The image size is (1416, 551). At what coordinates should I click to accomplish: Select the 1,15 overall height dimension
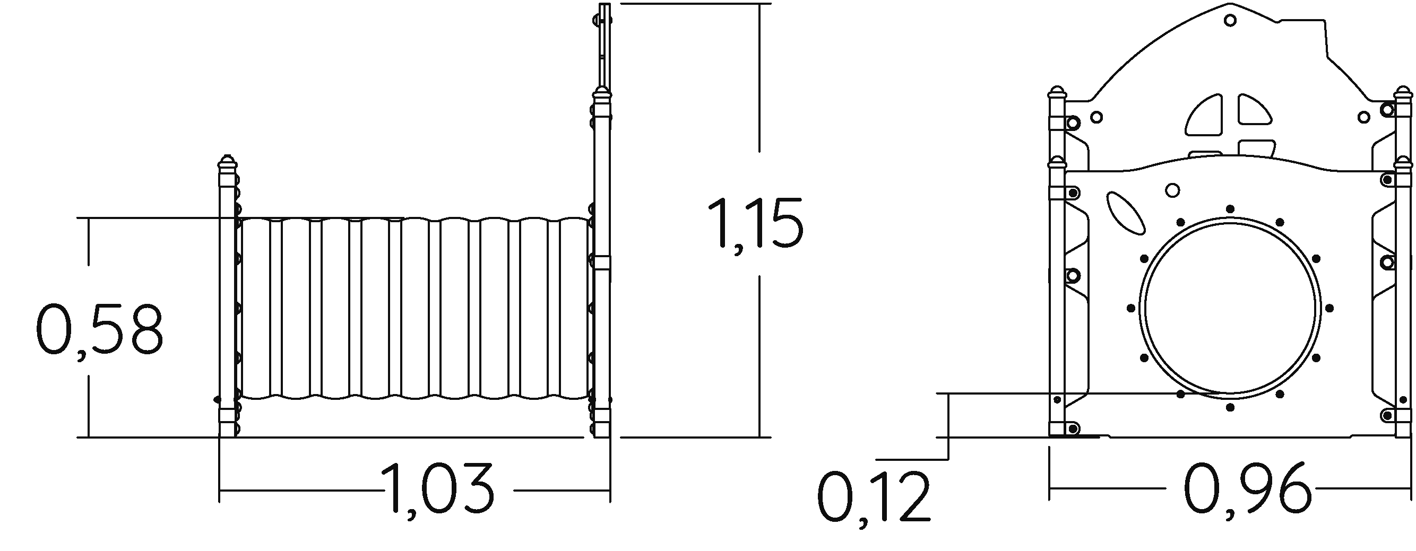click(x=755, y=226)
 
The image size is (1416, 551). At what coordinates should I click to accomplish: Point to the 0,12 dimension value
click(x=874, y=496)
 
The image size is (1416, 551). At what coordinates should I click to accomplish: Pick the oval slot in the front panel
click(x=1125, y=214)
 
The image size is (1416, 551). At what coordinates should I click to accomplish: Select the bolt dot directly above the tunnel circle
click(x=1230, y=209)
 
